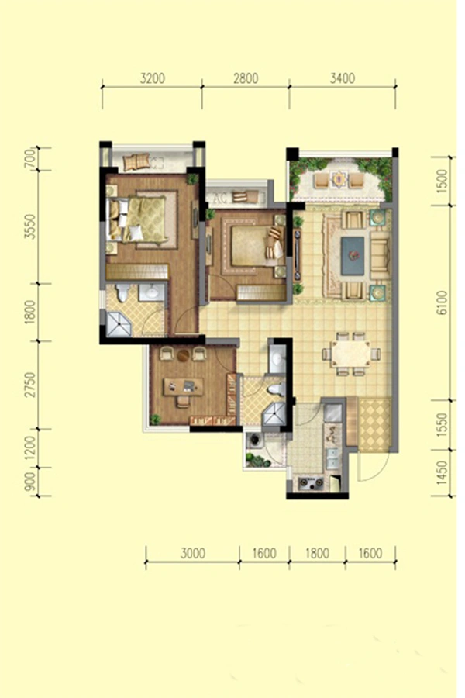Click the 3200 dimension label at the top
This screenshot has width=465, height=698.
pyautogui.click(x=152, y=78)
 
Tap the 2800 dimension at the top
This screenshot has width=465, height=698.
pyautogui.click(x=246, y=78)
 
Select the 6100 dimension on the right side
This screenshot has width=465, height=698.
pyautogui.click(x=442, y=302)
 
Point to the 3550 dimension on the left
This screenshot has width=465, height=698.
pyautogui.click(x=29, y=226)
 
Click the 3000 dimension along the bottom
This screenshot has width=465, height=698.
pyautogui.click(x=193, y=553)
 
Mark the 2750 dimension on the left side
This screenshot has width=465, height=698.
pyautogui.click(x=29, y=385)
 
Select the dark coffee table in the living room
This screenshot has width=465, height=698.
pyautogui.click(x=353, y=255)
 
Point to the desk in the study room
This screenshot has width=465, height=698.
pyautogui.click(x=184, y=386)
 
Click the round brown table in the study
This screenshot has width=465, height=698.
pyautogui.click(x=184, y=354)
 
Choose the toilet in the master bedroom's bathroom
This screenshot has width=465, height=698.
pyautogui.click(x=122, y=293)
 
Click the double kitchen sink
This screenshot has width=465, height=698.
pyautogui.click(x=332, y=458)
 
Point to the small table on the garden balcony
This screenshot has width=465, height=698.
pyautogui.click(x=339, y=179)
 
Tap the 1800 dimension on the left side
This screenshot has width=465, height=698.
pyautogui.click(x=29, y=312)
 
